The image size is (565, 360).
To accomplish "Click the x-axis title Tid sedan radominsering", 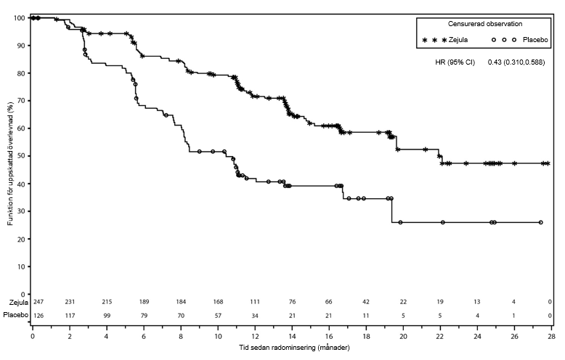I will pos(290,347).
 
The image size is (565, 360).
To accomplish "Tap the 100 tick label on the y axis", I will pos(17,17).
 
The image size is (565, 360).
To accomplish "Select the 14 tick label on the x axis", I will pos(291,337).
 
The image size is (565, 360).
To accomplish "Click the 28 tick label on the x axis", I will pos(551,337).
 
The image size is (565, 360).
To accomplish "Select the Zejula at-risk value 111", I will pos(255,302).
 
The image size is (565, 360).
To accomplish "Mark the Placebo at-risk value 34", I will pos(255,316).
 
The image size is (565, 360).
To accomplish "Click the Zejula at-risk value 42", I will pos(366,302).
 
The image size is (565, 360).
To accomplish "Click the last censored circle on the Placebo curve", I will pos(540,222).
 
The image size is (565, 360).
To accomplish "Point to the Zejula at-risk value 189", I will pos(144,302).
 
